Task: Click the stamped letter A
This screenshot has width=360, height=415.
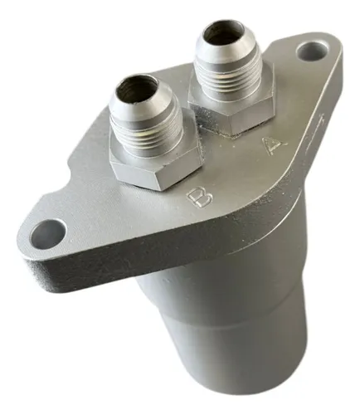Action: click(274, 144)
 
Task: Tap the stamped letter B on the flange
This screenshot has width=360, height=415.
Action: click(200, 197)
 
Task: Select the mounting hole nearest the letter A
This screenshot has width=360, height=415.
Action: click(312, 51)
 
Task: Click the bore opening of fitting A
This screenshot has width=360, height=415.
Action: click(222, 35)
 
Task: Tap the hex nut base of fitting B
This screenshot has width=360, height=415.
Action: click(155, 168)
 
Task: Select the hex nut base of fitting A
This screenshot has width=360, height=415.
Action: click(232, 110)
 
